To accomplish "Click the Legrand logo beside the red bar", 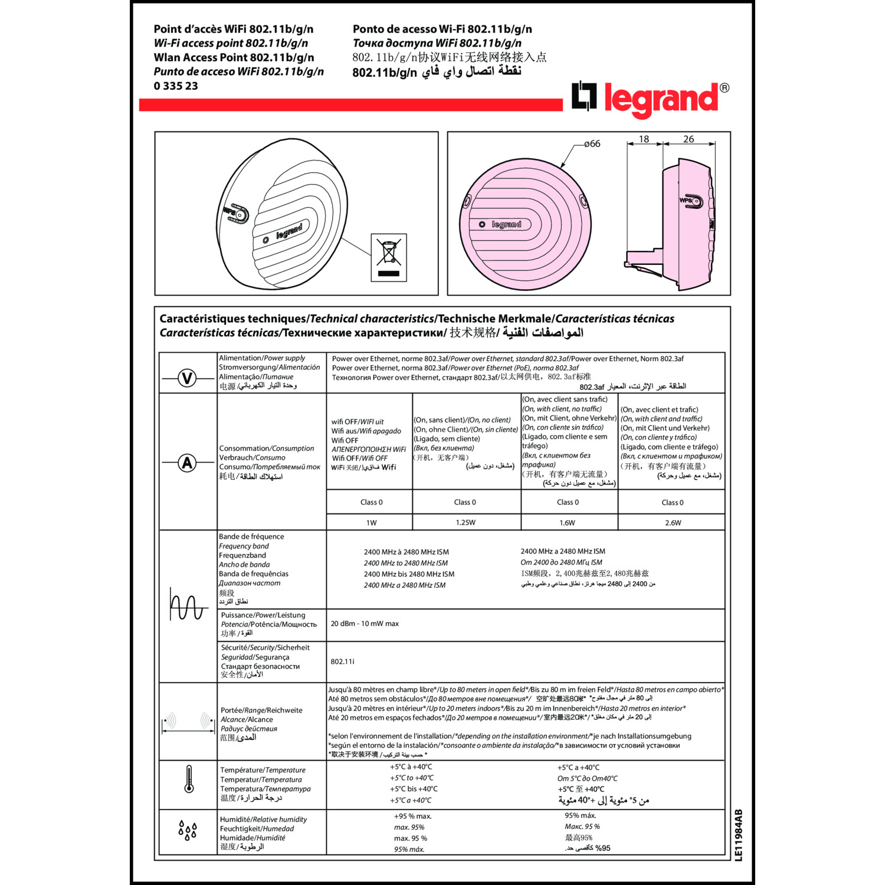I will point(649,98).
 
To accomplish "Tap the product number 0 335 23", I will point(176,86).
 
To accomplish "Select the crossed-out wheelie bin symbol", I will point(389,257).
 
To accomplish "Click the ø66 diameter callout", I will point(592,143).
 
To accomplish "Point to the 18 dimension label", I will point(644,139).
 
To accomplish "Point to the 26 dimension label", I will point(689,139).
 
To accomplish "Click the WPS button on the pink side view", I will point(691,201).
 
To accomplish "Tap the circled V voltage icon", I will point(187,378).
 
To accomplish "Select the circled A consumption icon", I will point(187,463).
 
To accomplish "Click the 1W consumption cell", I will point(371,523).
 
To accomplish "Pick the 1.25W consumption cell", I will point(466,523).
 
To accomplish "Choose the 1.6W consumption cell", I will point(567,523).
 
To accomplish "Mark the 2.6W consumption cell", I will point(673,523).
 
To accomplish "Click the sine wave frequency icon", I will point(188,604).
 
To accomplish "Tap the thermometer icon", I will point(189,779).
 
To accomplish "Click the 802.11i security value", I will point(343,661).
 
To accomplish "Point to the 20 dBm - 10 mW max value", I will point(365,624).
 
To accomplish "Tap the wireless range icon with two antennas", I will point(188,723).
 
